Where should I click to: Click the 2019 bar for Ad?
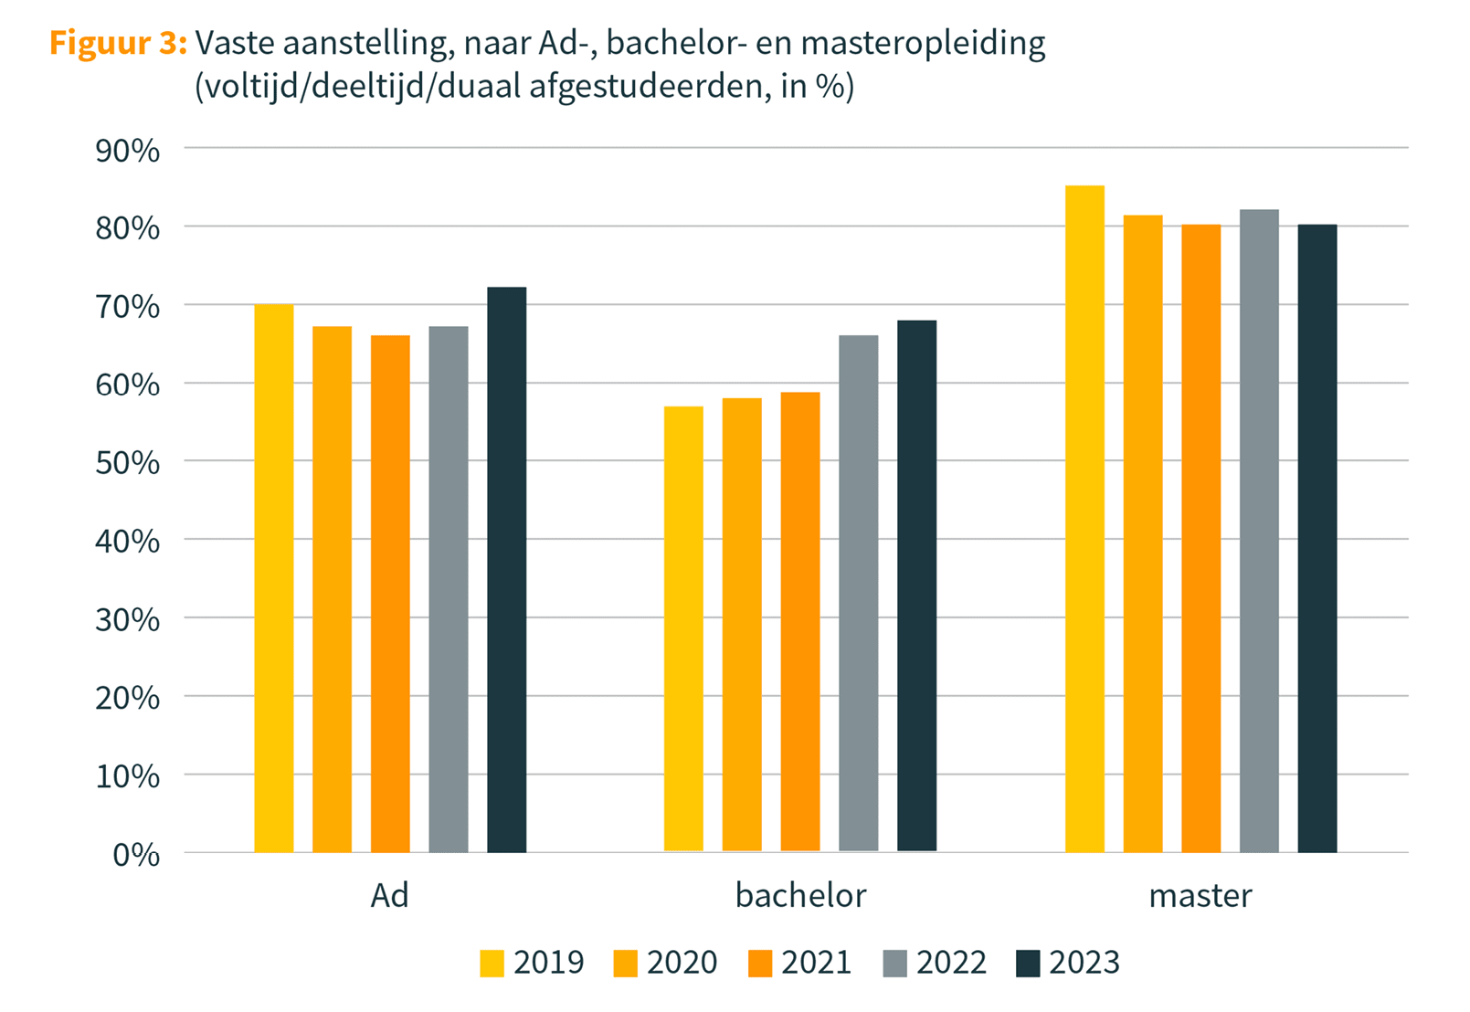pos(274,578)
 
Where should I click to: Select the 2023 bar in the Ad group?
pos(506,570)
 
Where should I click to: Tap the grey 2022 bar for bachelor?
pos(858,594)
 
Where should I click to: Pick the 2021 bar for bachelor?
pos(800,622)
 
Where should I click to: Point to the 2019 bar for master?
pos(1084,519)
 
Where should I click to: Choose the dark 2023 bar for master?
pos(1317,538)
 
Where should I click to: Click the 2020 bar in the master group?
pos(1143,533)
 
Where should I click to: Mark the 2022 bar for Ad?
pos(449,589)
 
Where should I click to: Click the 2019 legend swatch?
pos(492,964)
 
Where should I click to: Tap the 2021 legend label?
pos(816,963)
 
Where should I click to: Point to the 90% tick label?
pos(128,151)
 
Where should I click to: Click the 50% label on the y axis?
pos(128,463)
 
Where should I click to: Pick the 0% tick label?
pos(136,855)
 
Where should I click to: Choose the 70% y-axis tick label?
pos(128,307)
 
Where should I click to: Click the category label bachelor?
pos(800,896)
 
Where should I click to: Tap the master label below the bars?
pos(1200,896)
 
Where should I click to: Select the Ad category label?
pos(389,896)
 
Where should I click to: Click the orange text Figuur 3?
pos(118,43)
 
